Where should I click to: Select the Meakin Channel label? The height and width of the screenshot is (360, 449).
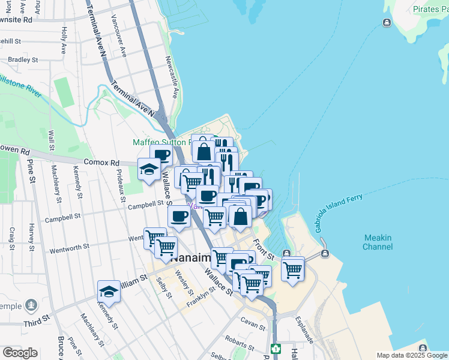[378, 242]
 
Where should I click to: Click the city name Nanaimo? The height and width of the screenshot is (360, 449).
[190, 257]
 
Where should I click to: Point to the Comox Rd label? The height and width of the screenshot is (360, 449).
[102, 163]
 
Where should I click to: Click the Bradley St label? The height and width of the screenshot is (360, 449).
[23, 60]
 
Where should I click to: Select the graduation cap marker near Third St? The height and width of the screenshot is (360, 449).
[109, 292]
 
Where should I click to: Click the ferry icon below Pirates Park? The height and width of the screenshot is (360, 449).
[387, 23]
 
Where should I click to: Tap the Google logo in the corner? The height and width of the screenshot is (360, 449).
[20, 353]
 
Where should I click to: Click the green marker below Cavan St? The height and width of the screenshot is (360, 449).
[276, 348]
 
